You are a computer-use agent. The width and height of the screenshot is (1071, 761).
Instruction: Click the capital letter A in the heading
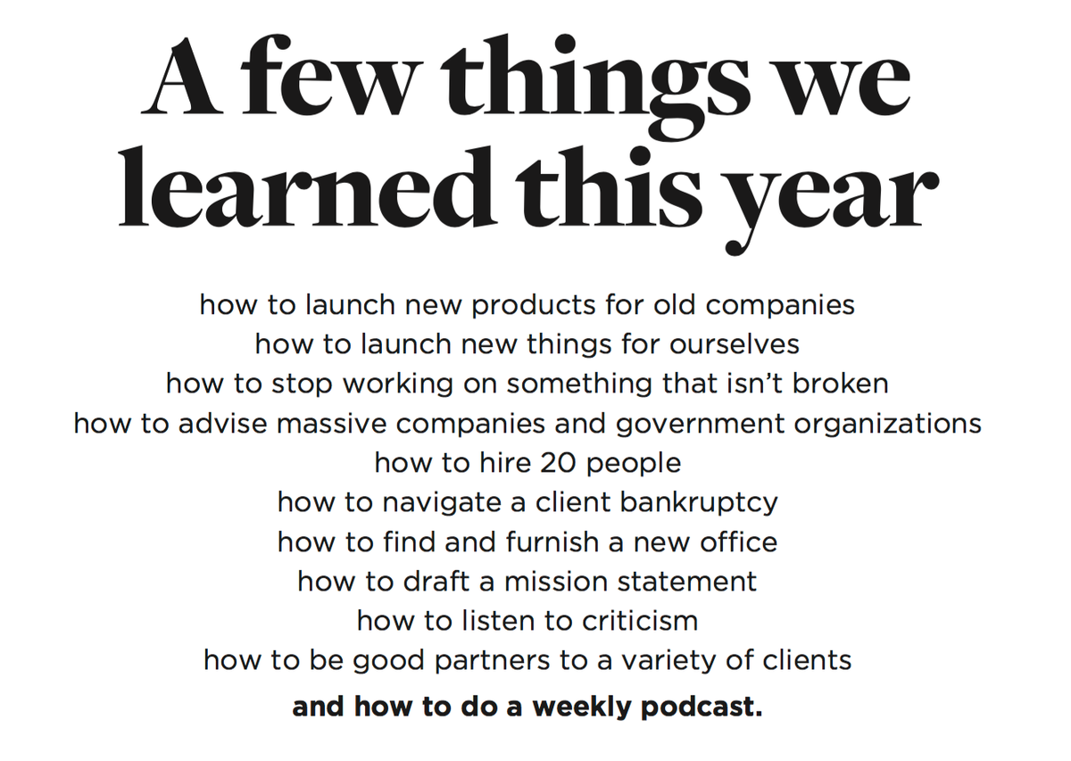tap(182, 76)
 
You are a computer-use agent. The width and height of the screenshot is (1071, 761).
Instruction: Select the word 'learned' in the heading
tap(306, 186)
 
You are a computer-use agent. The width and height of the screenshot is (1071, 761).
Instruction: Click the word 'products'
tap(534, 306)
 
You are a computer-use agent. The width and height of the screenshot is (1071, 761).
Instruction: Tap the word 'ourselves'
tap(735, 344)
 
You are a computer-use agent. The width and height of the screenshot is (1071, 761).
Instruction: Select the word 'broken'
tap(841, 384)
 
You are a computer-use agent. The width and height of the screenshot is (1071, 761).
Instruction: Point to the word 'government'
tap(701, 425)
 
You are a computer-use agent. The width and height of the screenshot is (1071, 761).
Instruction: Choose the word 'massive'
tap(331, 424)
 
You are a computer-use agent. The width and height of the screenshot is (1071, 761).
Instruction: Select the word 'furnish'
tap(552, 542)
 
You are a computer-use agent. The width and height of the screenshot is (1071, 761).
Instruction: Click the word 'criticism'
tap(640, 621)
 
